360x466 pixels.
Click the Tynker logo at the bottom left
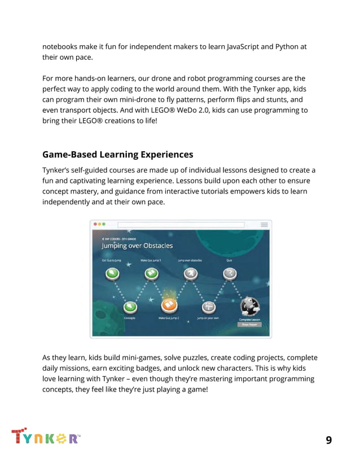pos(45,437)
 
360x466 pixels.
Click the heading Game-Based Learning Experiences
pos(117,155)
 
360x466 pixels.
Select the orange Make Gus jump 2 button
pos(169,305)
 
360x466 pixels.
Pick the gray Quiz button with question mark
pos(229,274)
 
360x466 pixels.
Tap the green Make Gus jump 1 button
pos(151,274)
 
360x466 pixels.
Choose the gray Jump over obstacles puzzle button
pos(190,274)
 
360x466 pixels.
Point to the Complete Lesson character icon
pos(249,306)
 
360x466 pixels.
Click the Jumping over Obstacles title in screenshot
pos(137,245)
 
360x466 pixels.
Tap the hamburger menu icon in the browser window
pos(264,225)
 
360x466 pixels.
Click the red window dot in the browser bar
pos(95,225)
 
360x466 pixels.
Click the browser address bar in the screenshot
pos(181,225)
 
